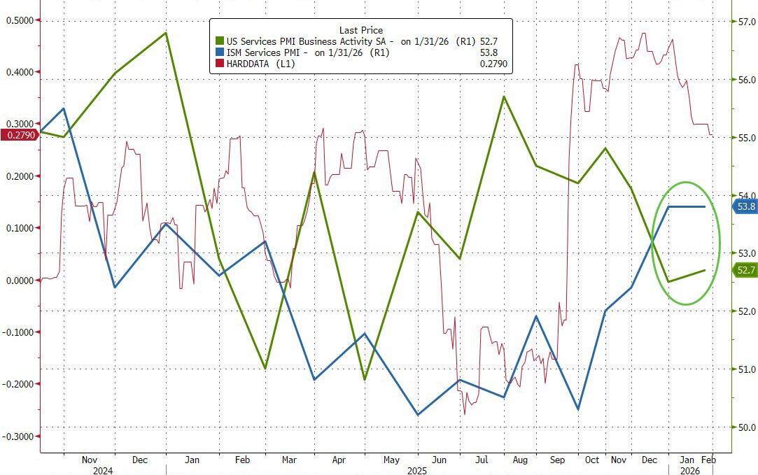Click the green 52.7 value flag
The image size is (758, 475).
point(745,270)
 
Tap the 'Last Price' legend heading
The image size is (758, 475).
point(360,30)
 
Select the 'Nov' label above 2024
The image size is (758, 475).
point(90,460)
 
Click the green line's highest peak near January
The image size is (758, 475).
point(166,33)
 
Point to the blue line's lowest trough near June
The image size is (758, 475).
point(418,415)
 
